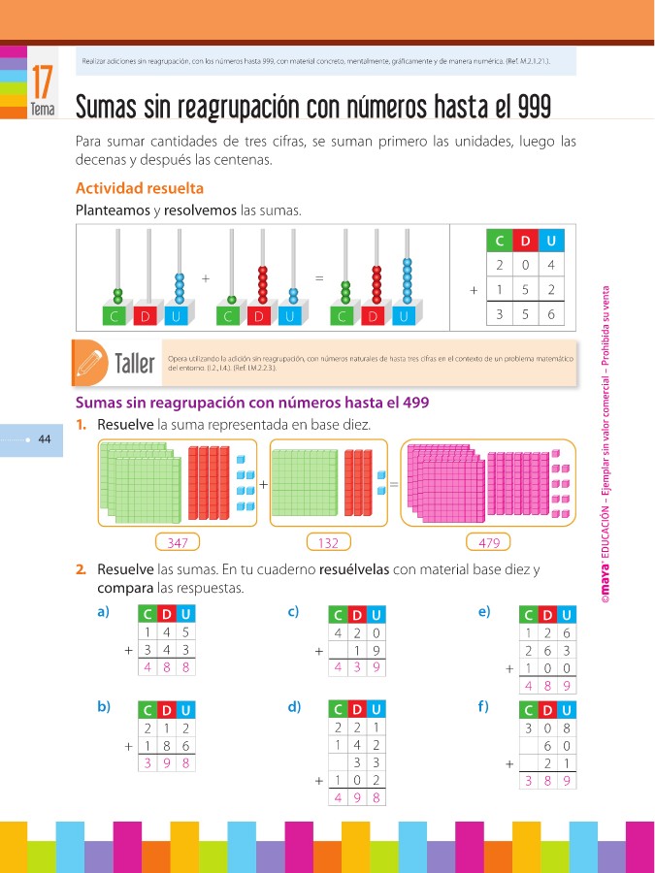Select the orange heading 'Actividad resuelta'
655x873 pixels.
(139, 188)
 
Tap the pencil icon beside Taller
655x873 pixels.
(90, 362)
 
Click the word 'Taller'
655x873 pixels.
(135, 365)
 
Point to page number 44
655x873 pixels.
(44, 440)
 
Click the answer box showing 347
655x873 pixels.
(178, 542)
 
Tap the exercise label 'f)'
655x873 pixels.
(484, 706)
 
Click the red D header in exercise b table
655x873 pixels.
(166, 710)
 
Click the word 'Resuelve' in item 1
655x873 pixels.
(125, 425)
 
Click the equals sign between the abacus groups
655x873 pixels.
(319, 278)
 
